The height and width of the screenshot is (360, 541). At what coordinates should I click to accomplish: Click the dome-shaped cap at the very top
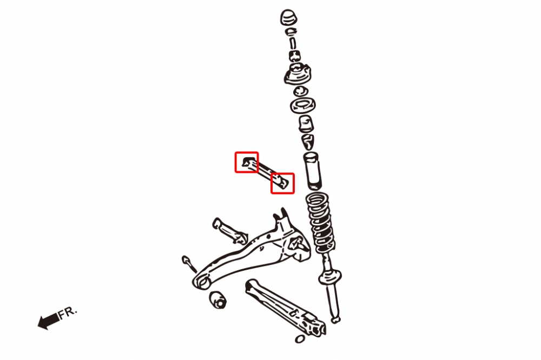pyautogui.click(x=288, y=17)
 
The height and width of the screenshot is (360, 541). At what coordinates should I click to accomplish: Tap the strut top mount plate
pyautogui.click(x=298, y=74)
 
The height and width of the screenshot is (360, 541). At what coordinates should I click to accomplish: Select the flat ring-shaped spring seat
pyautogui.click(x=302, y=105)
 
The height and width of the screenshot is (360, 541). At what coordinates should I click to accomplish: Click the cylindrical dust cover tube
pyautogui.click(x=313, y=171)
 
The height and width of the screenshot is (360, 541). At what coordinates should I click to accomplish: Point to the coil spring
pyautogui.click(x=320, y=223)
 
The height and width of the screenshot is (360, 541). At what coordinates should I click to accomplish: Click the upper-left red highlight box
pyautogui.click(x=247, y=162)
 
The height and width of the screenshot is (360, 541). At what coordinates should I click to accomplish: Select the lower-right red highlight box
pyautogui.click(x=282, y=183)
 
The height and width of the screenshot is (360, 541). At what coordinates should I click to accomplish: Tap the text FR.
pyautogui.click(x=68, y=312)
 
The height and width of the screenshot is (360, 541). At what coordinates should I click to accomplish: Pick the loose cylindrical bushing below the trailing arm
pyautogui.click(x=217, y=299)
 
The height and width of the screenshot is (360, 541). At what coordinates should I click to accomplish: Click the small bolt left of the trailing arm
pyautogui.click(x=189, y=263)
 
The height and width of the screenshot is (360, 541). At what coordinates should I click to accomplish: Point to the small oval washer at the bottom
pyautogui.click(x=300, y=339)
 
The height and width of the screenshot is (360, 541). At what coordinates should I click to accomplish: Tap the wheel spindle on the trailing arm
pyautogui.click(x=299, y=244)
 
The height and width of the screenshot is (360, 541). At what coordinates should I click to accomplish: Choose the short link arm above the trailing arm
pyautogui.click(x=230, y=231)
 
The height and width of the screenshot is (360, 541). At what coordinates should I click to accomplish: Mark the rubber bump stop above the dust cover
pyautogui.click(x=306, y=124)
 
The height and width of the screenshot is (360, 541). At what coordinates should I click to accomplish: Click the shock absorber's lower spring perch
pyautogui.click(x=330, y=277)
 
